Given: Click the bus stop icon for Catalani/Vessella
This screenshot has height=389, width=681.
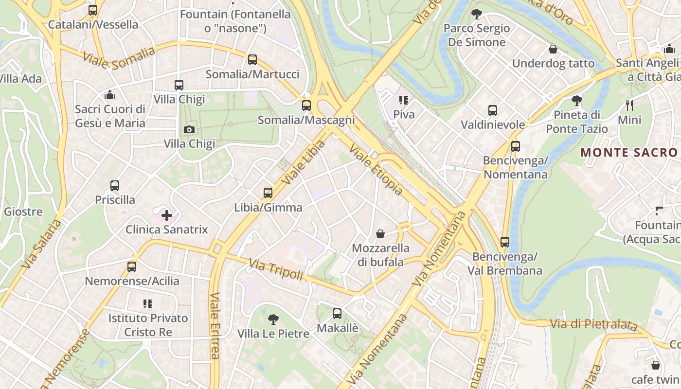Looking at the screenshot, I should (x=93, y=10).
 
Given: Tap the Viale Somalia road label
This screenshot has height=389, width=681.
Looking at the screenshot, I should (x=119, y=58).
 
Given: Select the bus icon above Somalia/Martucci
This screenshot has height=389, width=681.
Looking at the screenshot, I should (x=252, y=60).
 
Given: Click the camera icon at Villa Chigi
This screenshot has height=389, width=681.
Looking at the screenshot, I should (x=189, y=129).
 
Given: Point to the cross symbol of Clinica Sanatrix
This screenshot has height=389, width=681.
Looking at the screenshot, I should (x=167, y=215).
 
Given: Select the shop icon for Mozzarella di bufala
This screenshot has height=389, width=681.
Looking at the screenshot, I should (x=380, y=234).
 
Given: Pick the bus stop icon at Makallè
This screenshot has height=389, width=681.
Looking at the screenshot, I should (x=337, y=314).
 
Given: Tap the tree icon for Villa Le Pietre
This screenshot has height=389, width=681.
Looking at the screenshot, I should (x=273, y=319).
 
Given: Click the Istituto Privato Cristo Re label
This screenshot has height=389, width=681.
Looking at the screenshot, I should (x=148, y=325).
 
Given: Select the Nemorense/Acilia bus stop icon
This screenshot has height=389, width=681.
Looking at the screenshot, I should (x=132, y=266).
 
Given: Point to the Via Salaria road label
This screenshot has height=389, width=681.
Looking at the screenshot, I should (x=42, y=244).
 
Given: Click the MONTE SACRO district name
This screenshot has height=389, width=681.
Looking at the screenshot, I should (x=629, y=152).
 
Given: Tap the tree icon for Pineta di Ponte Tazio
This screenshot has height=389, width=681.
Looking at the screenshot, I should (x=577, y=101).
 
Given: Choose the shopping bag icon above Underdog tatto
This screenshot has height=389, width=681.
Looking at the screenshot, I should (x=553, y=49).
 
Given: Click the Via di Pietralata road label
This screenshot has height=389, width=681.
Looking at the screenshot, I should (x=593, y=324).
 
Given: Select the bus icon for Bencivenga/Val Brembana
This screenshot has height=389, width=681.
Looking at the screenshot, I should (x=505, y=242).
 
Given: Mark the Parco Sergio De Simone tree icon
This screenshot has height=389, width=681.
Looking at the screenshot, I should (x=477, y=14).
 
